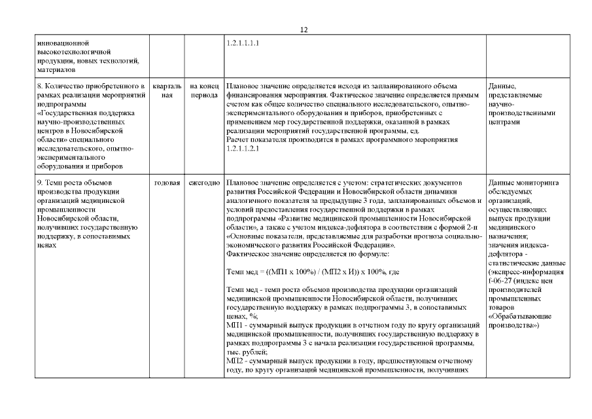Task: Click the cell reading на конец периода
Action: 204,90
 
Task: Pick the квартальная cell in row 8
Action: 166,90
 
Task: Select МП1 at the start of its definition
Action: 234,325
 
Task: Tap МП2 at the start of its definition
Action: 234,361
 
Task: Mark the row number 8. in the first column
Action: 41,86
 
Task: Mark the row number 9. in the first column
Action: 41,181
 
